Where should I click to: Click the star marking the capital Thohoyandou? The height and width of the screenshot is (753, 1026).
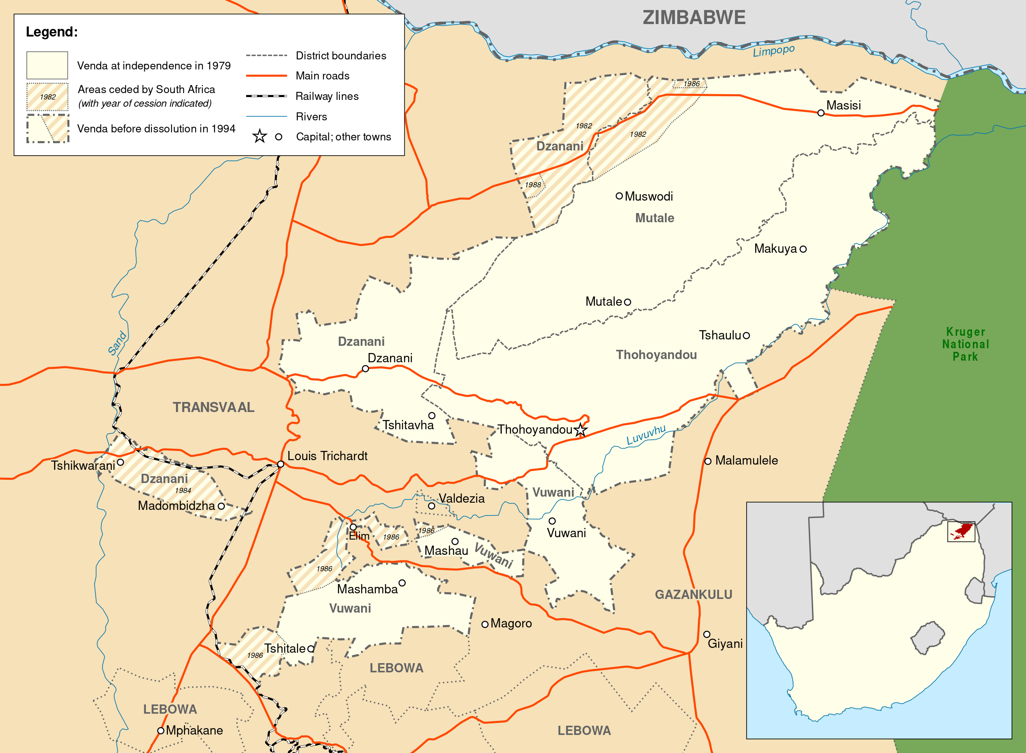[580, 429]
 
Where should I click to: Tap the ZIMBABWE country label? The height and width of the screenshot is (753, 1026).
[694, 18]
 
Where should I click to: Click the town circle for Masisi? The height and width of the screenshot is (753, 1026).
[821, 113]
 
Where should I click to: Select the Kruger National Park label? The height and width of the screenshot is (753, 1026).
[965, 344]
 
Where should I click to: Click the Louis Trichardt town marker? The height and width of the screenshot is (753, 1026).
[281, 464]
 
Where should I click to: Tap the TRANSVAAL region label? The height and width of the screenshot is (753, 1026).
[213, 407]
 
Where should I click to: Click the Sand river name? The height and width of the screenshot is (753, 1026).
[117, 343]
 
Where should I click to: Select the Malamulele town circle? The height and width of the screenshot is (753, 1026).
[708, 461]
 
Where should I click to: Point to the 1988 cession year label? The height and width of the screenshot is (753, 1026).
[532, 185]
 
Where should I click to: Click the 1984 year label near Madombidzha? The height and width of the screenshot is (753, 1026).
[183, 491]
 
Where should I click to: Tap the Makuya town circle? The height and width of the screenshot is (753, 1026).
[803, 249]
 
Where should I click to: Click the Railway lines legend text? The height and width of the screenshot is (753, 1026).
[327, 96]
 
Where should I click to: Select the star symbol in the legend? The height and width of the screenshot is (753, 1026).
[260, 136]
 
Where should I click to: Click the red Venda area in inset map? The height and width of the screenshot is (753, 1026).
[963, 531]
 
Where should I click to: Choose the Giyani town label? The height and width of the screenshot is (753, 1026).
[725, 643]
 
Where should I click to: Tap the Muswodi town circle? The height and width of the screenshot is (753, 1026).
[619, 196]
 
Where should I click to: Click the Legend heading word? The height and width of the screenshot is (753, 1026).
[51, 32]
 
